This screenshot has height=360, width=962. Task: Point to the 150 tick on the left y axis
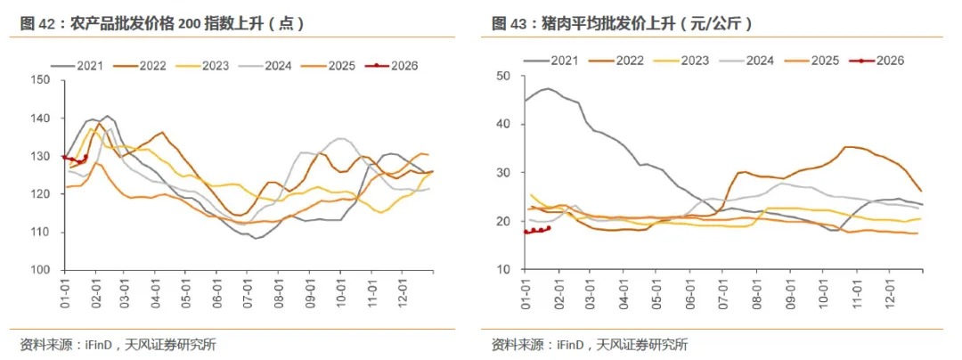tap(40, 80)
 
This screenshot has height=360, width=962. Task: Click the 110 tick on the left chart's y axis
tap(40, 232)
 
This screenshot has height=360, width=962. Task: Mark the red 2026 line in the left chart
tap(75, 160)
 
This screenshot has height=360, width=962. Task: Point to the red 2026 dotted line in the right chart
tap(537, 230)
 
